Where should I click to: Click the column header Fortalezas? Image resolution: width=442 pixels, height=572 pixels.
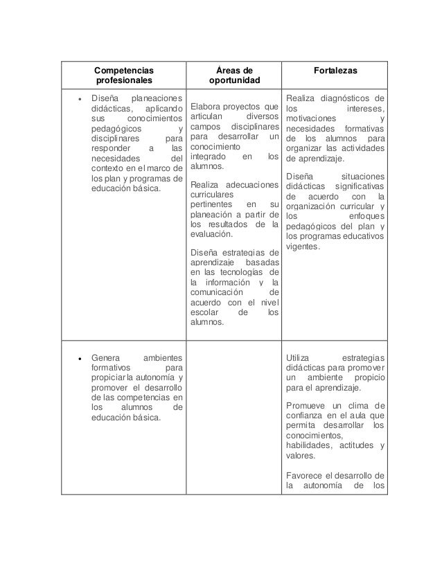[x=335, y=71]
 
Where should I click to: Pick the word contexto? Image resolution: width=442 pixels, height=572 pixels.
[x=109, y=168]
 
